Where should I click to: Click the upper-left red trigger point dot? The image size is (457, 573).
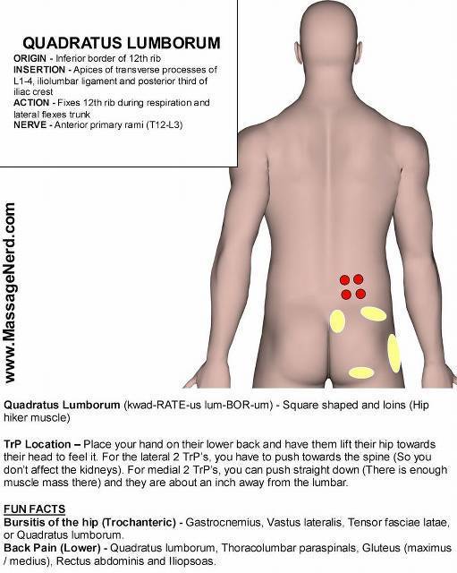coord(344,280)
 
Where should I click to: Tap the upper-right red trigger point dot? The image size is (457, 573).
coord(359,279)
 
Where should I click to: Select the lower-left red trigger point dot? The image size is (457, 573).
coord(346,295)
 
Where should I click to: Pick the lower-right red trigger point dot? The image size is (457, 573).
coord(360,294)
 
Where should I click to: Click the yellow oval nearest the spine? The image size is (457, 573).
coord(337,321)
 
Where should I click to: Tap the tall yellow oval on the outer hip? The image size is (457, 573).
coord(394,353)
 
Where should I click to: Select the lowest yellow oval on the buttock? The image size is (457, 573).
coord(361,372)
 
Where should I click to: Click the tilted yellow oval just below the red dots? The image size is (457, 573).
coord(374,314)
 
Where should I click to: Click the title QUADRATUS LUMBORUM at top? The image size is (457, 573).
coord(122,43)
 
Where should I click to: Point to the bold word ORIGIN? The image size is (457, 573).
coord(30,58)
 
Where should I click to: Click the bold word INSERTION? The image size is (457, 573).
coord(39,70)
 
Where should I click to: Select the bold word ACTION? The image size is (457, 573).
coord(31,103)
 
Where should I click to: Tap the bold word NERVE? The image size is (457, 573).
coord(30,125)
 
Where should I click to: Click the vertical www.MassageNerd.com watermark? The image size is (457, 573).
coord(9,293)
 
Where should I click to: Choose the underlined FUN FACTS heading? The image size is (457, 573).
coord(35,509)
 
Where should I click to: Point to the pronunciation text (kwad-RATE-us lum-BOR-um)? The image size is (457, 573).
coord(199,405)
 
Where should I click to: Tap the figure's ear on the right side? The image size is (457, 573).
coord(360,54)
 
